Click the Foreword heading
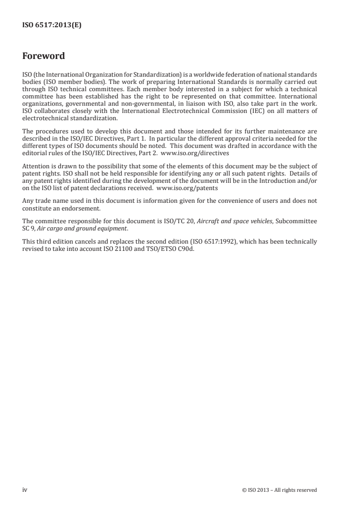pyautogui.click(x=44, y=56)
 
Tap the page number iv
pyautogui.click(x=25, y=489)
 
